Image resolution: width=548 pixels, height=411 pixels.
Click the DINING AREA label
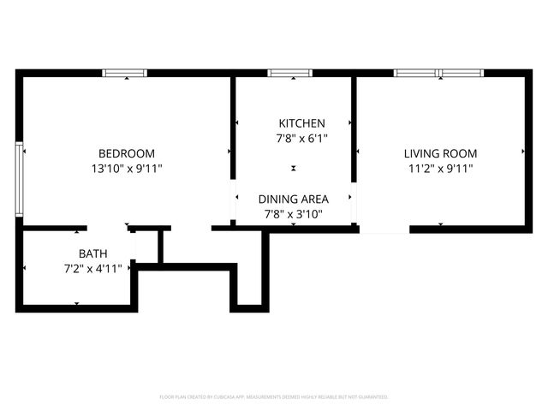[x=293, y=199]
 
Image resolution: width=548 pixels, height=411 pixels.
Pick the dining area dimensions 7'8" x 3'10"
[x=293, y=214]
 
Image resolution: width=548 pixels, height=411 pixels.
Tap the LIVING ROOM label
[x=440, y=153]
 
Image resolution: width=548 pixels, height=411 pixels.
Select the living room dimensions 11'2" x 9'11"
[x=440, y=169]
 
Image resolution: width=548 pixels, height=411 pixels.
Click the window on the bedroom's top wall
[x=125, y=73]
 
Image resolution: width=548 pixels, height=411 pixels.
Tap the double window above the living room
[x=438, y=73]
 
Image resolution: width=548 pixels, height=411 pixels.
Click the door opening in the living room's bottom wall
[x=384, y=229]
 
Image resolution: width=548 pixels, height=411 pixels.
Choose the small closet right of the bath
[x=146, y=247]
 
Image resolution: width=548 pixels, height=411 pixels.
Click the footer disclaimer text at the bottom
[x=274, y=397]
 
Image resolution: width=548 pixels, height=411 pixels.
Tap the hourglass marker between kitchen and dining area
[x=294, y=169]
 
